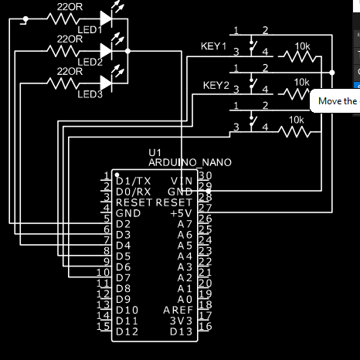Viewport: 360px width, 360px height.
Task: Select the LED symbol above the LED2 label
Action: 117,48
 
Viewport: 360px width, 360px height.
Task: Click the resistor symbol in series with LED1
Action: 70,19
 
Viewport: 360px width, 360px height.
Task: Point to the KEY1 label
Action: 213,47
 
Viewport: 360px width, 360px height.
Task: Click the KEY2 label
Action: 216,84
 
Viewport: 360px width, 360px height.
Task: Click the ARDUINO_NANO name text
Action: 189,162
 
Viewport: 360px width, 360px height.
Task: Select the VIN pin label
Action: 182,180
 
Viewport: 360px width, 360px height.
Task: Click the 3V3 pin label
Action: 181,321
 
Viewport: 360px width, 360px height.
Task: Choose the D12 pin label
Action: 127,331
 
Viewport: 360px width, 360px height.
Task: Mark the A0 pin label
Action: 184,299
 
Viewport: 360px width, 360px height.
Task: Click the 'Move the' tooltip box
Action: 335,101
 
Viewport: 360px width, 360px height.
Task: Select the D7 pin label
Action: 124,277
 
